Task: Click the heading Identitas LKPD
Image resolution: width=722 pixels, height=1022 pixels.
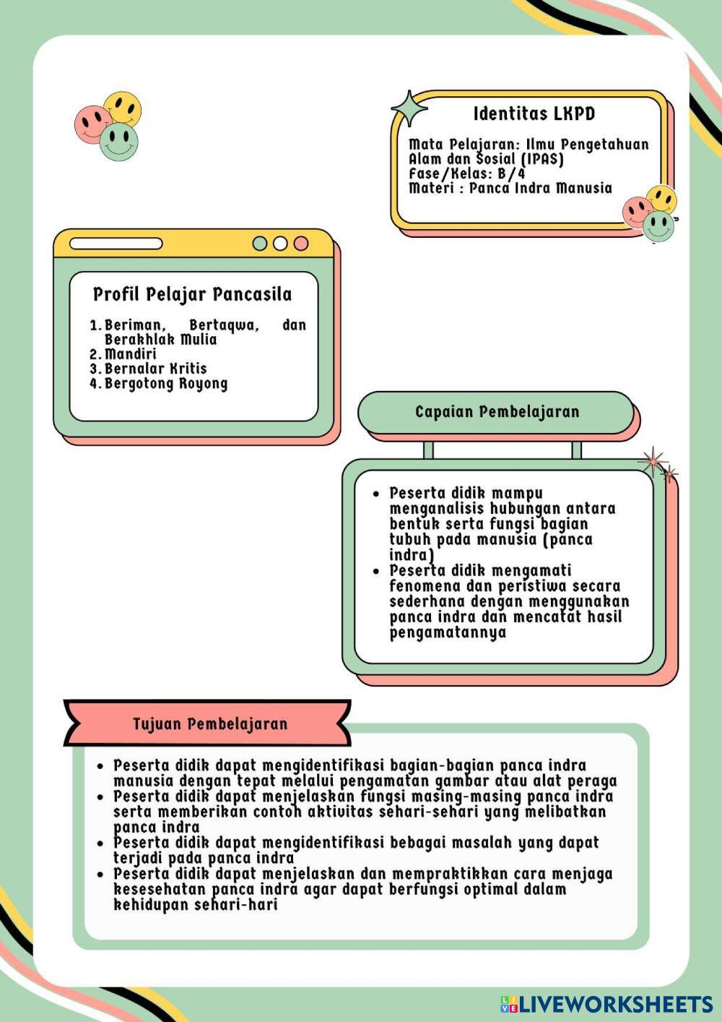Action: point(534,113)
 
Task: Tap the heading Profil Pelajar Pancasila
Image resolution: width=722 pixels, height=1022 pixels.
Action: point(192,294)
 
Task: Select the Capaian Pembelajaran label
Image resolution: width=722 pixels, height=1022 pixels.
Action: point(497,412)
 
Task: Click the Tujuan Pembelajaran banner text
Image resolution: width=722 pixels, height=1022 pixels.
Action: point(210,723)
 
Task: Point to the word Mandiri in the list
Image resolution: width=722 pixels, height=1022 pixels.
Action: point(131,354)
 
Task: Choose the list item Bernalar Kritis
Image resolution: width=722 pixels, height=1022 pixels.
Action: point(155,369)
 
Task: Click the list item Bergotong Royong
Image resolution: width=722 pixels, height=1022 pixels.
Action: point(166,384)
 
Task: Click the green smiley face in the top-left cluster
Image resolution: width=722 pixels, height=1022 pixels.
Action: point(119,142)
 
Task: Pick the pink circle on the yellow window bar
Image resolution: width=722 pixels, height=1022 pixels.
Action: point(301,244)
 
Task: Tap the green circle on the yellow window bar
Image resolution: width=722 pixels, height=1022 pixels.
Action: point(260,244)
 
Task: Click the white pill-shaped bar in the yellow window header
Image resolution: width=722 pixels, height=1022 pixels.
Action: point(116,244)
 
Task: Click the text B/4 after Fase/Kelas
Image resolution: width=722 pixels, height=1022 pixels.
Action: point(511,173)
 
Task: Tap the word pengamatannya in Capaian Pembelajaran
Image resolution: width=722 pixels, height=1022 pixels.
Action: point(448,632)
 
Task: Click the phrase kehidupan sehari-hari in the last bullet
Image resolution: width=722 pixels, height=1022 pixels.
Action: point(195,905)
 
